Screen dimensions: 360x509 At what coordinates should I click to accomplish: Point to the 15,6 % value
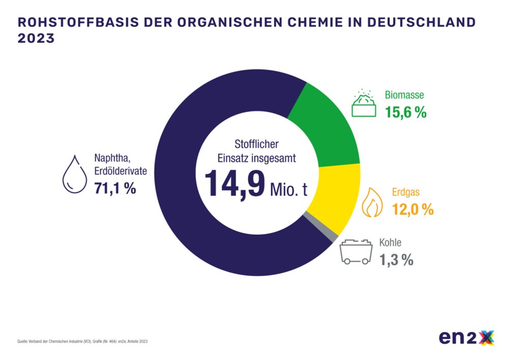(406, 113)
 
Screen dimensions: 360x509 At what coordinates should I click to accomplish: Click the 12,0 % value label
(412, 209)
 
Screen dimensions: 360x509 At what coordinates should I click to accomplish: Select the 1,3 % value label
(395, 260)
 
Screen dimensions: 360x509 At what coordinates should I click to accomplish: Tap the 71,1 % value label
(115, 188)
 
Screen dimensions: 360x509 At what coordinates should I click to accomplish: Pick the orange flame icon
(372, 202)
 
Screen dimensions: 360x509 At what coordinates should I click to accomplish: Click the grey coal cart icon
(355, 252)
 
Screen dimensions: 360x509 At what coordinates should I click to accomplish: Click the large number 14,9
(235, 184)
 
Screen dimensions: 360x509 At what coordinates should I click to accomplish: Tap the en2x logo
(467, 338)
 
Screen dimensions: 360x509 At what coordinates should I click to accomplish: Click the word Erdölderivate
(121, 171)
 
